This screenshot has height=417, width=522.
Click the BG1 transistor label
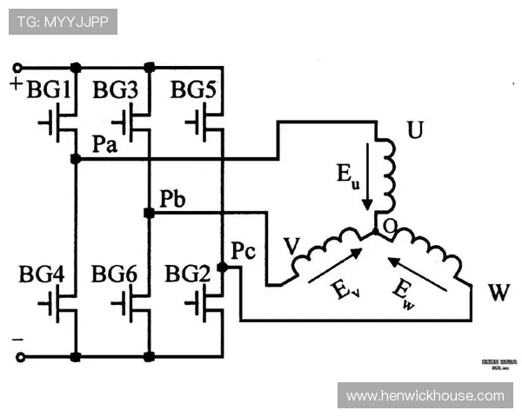49,89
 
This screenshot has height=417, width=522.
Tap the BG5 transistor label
193,89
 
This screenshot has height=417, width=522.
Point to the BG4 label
42,275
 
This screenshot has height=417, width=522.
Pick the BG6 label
114,275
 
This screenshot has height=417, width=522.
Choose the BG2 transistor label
187,275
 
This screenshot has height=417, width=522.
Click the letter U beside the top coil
415,132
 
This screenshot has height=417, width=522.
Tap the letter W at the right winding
499,292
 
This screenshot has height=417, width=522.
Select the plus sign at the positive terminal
16,84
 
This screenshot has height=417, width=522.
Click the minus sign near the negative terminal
16,338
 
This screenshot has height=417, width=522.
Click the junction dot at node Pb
150,213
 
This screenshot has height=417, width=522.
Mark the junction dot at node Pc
222,268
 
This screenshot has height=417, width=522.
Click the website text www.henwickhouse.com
425,396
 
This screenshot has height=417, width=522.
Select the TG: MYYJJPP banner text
63,22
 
